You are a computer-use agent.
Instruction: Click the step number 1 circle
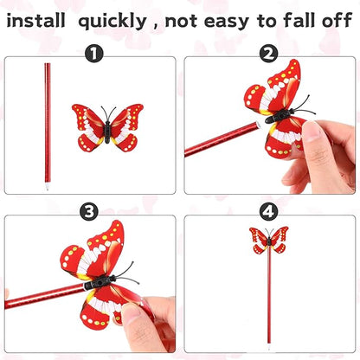coord(93,54)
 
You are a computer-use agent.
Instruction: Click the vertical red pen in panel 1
coord(45,121)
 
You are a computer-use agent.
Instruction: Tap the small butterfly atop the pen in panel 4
coord(268,239)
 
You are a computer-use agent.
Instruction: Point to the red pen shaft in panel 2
coord(216,139)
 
